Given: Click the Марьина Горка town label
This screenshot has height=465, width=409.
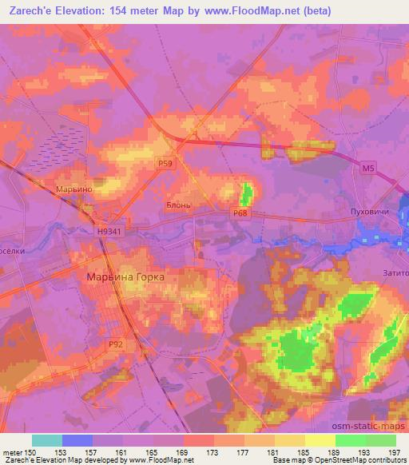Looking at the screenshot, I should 125,276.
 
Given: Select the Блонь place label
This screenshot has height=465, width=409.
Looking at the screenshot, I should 177,205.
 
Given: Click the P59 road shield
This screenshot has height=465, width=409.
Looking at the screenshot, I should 164,163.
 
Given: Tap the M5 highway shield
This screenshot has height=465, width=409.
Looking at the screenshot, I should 367,169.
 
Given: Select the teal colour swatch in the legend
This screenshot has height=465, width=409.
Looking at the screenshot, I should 47,440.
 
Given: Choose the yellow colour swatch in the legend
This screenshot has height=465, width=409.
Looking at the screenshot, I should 320,440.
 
